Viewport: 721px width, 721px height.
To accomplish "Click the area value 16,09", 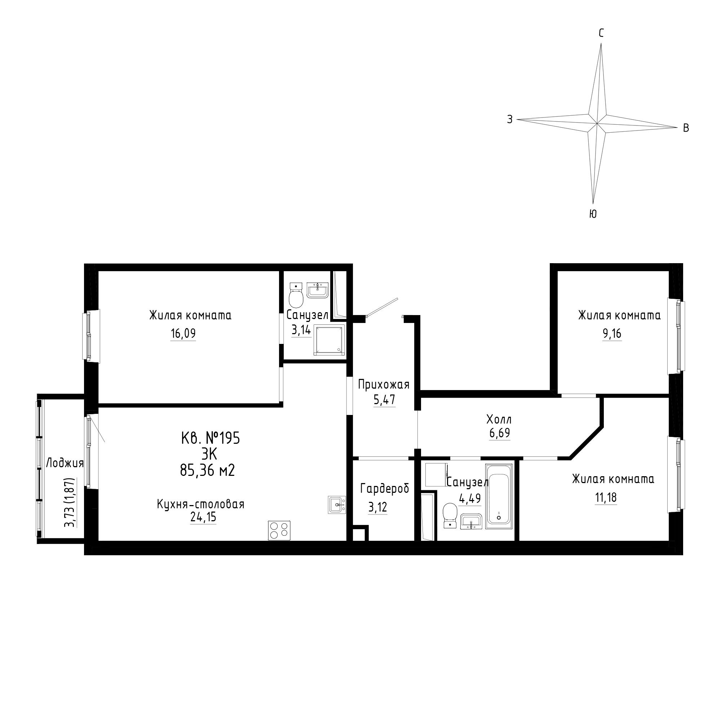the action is click(183, 333).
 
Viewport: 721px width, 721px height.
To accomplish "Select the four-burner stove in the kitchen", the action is click(279, 530).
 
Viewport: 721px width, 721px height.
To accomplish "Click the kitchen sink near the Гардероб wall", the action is click(337, 505).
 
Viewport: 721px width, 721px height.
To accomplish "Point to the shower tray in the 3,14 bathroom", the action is click(328, 340).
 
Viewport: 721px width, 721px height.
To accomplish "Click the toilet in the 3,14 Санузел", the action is click(296, 295).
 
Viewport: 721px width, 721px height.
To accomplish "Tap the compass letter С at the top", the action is click(601, 34).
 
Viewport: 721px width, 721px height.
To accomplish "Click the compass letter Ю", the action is click(593, 214).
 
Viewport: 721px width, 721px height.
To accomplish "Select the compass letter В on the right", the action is click(686, 128).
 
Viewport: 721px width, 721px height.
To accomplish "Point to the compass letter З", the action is click(510, 119).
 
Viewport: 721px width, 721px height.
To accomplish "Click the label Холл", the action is click(499, 420).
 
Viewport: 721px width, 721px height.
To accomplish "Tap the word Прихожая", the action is click(384, 384).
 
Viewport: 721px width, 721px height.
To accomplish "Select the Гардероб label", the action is click(385, 488).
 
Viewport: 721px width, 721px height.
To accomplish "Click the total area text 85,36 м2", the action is click(207, 470).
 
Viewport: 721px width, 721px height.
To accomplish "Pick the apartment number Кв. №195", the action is click(211, 438).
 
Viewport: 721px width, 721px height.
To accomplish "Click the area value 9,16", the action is click(612, 333).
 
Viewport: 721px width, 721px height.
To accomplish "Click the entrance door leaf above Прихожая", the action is click(382, 307).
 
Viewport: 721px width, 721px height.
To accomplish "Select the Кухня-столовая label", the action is click(200, 504).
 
